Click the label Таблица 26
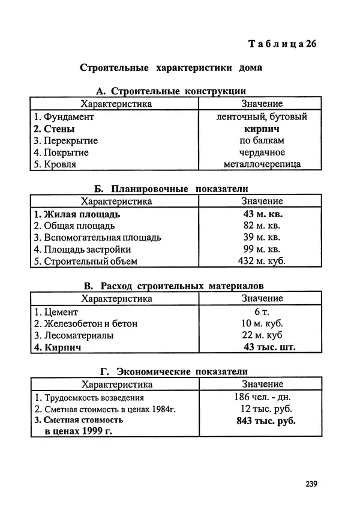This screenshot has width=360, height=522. (281, 44)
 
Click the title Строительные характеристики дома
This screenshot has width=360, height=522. (171, 68)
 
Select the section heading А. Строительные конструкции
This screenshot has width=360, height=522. (171, 91)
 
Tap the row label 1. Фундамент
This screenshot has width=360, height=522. (64, 118)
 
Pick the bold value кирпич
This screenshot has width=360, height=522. (262, 129)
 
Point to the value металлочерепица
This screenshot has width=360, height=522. (262, 164)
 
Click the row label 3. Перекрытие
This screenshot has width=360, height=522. (65, 141)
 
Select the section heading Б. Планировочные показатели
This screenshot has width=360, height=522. (171, 188)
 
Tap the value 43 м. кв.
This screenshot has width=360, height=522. (262, 214)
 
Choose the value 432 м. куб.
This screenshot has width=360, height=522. (262, 261)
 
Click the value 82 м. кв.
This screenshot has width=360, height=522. (262, 226)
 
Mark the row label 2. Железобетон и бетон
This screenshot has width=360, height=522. (85, 323)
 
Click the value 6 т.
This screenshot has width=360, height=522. (262, 312)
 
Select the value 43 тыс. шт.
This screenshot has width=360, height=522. (269, 347)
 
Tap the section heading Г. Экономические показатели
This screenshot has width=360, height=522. (171, 372)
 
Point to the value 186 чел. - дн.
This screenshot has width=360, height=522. (262, 397)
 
